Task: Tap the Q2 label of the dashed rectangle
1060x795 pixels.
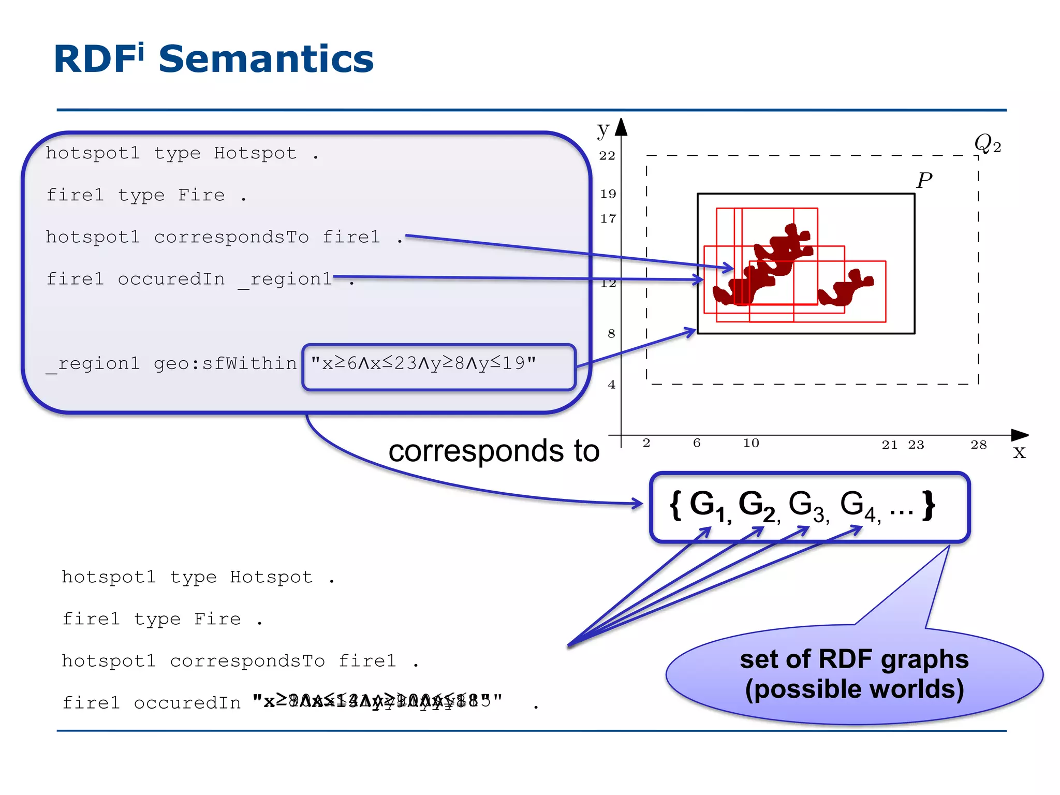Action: coord(987,143)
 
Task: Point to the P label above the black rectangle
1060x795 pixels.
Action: coord(924,181)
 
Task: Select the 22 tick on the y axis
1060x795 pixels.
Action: coord(607,156)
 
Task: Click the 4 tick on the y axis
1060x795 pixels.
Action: coord(611,385)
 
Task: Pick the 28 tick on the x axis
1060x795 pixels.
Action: coord(978,445)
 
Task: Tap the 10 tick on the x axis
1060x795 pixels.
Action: coord(750,443)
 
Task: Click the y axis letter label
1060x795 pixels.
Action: coord(602,129)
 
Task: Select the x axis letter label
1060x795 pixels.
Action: coord(1019,452)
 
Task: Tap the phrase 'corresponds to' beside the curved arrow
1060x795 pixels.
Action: coord(493,451)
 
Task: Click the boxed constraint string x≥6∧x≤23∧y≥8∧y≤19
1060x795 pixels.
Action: coord(423,363)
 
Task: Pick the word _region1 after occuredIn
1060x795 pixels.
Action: coord(285,279)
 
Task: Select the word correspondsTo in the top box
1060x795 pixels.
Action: coord(231,237)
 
